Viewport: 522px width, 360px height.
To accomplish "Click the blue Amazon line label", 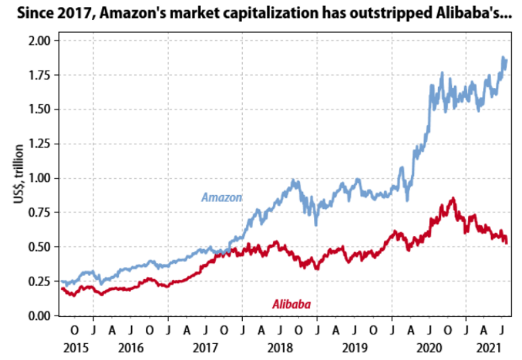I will [222, 197].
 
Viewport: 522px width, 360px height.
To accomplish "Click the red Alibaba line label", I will [291, 304].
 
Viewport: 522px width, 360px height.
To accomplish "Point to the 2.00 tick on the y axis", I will [40, 40].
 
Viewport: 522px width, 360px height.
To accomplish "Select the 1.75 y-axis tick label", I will [40, 75].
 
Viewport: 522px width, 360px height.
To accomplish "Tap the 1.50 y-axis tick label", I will [40, 109].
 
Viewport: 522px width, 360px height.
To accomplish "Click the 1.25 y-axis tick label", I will [40, 144].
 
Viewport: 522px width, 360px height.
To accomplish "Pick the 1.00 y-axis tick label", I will [40, 178].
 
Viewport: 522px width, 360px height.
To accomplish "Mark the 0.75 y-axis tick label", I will [40, 212].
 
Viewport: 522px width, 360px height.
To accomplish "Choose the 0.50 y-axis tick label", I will [40, 247].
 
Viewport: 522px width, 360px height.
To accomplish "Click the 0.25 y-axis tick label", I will [40, 281].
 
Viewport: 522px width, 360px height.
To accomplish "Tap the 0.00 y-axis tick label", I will [40, 316].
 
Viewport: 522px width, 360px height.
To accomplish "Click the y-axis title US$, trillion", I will [19, 176].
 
